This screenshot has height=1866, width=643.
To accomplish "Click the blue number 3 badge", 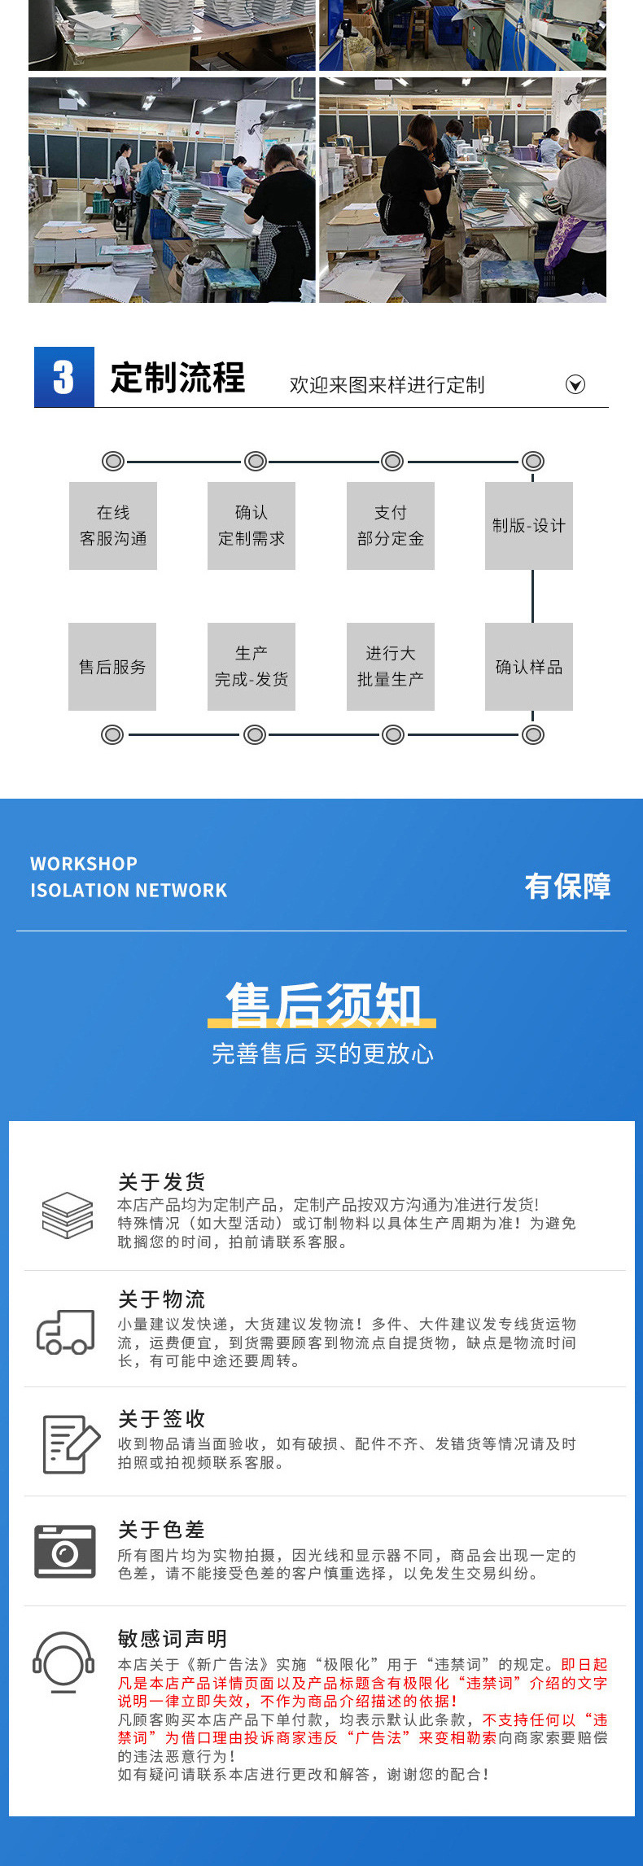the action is point(64,377).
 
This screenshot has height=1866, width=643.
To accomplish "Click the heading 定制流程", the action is point(177,378).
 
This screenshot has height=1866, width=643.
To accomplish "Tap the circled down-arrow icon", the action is point(575,384).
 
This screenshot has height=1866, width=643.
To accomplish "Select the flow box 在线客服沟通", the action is point(113,526).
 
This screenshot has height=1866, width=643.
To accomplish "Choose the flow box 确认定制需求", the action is point(252,526).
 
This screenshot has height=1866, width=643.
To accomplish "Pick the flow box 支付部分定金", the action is point(391,526).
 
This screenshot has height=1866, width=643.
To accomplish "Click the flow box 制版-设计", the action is point(529,526).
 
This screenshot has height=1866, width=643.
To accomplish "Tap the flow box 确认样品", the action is point(529,667).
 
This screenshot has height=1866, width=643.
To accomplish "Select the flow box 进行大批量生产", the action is point(391,667).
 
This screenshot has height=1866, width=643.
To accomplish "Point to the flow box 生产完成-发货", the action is point(252,667).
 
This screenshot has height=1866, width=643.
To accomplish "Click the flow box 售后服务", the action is point(112,667).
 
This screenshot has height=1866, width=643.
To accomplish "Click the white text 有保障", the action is point(567,886).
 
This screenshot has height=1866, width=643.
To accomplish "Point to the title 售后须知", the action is point(323,1005).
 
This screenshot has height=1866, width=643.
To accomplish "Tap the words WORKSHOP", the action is point(84,864).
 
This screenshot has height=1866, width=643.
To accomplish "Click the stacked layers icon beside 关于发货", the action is point(68,1215).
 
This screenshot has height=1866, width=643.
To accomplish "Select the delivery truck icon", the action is point(65,1332).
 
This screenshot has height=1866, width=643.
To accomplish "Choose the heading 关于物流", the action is point(161,1299).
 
